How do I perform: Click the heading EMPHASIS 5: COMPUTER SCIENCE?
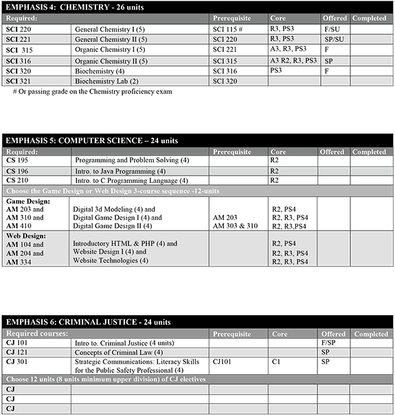pos(91,140)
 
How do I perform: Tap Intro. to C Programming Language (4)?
pos(131,180)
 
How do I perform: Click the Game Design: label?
pos(25,201)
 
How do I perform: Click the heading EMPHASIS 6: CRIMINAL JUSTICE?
pos(88,322)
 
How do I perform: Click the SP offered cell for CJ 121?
pos(326,352)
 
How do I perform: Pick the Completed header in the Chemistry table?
pos(370,18)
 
